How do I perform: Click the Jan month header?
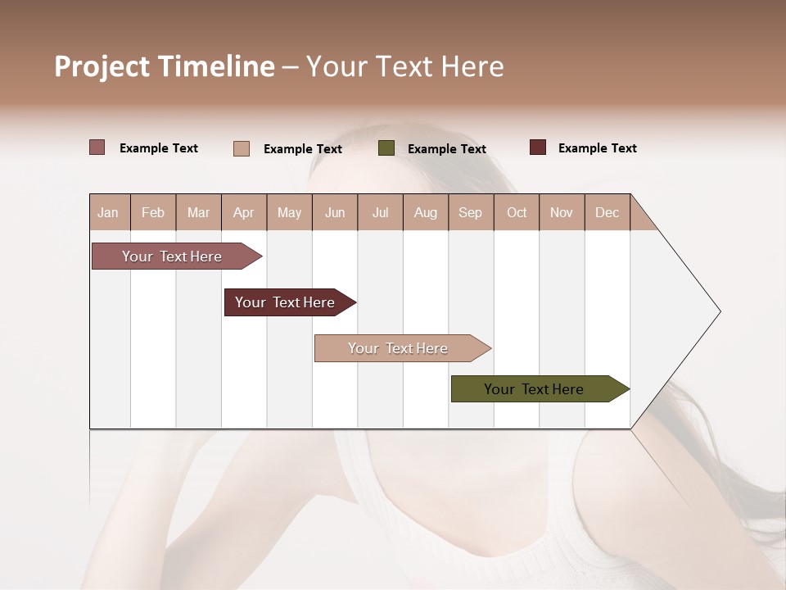pyautogui.click(x=109, y=212)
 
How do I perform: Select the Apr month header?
pyautogui.click(x=244, y=212)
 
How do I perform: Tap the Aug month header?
pyautogui.click(x=426, y=212)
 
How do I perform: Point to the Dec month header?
pyautogui.click(x=607, y=212)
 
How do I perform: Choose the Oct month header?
pyautogui.click(x=517, y=212)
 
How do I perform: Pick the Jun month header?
pyautogui.click(x=335, y=212)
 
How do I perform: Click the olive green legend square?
pyautogui.click(x=386, y=148)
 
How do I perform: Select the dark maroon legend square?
pyautogui.click(x=538, y=147)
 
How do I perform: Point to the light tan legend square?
pyautogui.click(x=242, y=148)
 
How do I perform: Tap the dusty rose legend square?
pyautogui.click(x=97, y=147)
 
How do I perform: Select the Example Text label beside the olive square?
pyautogui.click(x=446, y=149)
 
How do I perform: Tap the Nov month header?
pyautogui.click(x=562, y=212)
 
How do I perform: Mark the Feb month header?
pyautogui.click(x=153, y=212)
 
